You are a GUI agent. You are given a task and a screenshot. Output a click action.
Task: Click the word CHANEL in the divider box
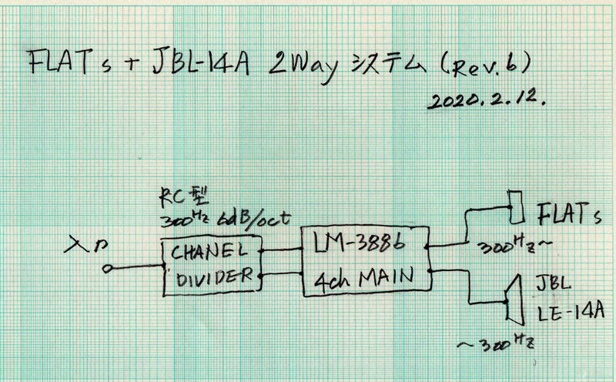point(209,251)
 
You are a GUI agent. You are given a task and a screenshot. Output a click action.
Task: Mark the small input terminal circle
point(110,268)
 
